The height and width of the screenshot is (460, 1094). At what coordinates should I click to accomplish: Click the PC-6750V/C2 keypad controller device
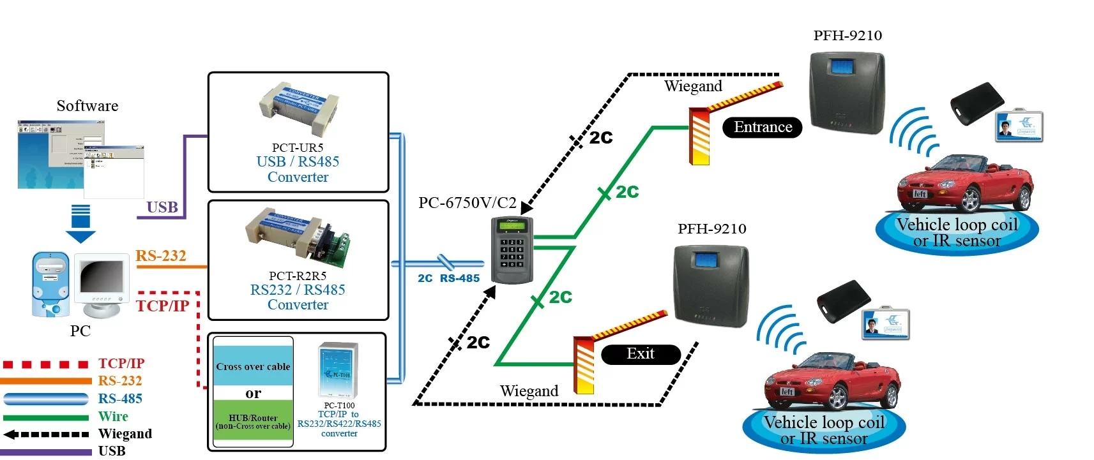coord(512,250)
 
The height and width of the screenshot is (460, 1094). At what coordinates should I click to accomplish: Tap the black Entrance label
coord(762,128)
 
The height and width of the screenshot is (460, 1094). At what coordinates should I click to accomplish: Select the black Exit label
coord(640,354)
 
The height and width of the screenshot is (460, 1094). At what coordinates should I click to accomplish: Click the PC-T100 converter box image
coord(338,370)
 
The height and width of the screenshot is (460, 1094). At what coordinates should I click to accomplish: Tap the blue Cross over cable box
coord(253,366)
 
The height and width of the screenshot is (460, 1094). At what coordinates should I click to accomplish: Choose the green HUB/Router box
coord(253,420)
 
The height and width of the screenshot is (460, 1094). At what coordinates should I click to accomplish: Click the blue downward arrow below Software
coord(80,223)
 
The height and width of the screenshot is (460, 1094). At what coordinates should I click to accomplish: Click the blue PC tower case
coord(50,285)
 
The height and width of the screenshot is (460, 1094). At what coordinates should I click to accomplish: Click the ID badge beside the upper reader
coord(1019,126)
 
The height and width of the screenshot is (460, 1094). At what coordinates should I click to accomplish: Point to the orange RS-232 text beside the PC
coord(161,256)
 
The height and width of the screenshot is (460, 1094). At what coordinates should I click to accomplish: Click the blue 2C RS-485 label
coord(448,278)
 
